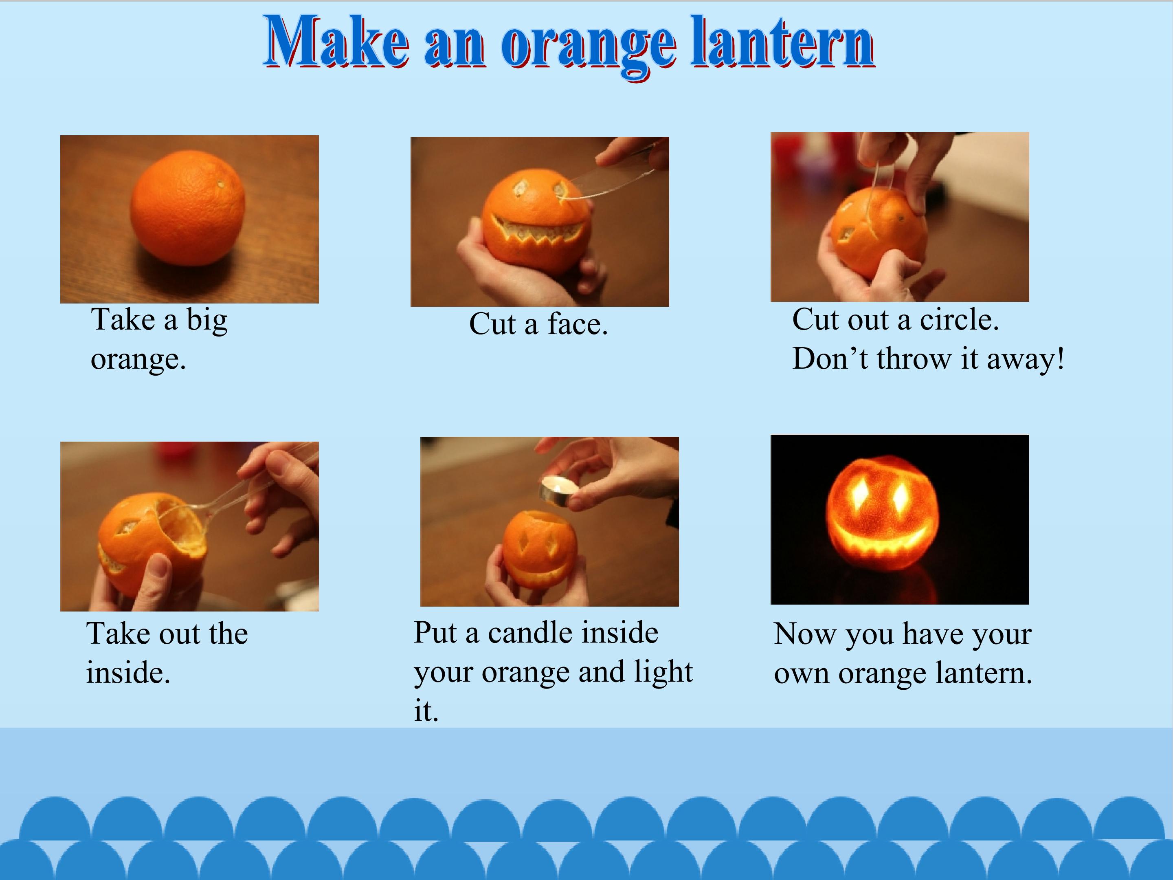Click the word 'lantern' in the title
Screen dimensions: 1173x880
pyautogui.click(x=783, y=42)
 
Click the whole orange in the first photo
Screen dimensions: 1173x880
pyautogui.click(x=188, y=207)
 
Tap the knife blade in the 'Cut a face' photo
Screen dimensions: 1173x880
pyautogui.click(x=610, y=180)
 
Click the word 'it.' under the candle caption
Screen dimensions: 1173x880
pyautogui.click(x=426, y=711)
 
